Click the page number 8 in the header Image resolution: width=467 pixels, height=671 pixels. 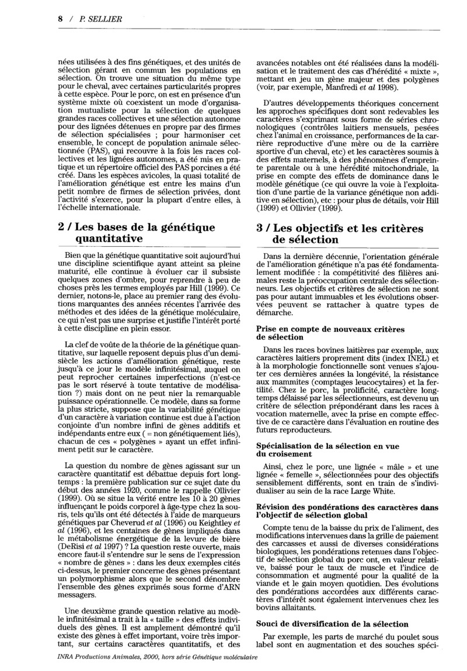pyautogui.click(x=61, y=19)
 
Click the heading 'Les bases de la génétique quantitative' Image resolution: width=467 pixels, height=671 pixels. pyautogui.click(x=137, y=233)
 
